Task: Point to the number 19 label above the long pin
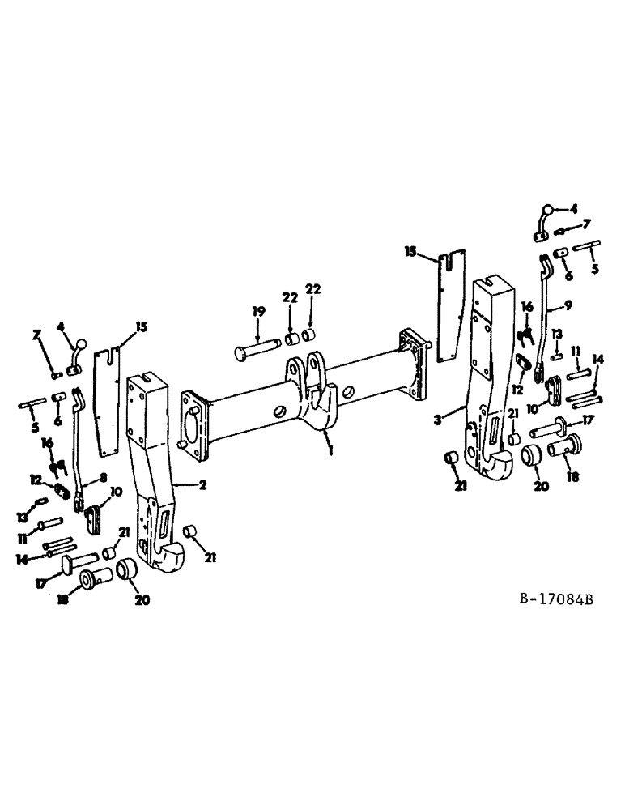click(257, 311)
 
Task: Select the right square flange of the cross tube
click(415, 364)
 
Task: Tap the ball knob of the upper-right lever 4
click(548, 208)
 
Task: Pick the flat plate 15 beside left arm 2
click(105, 401)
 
